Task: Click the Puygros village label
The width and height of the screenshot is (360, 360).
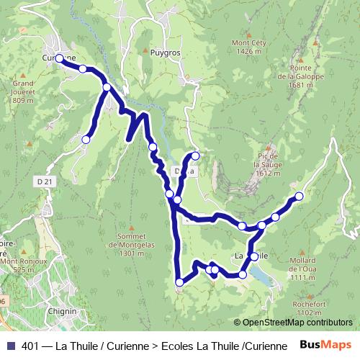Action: coord(165,53)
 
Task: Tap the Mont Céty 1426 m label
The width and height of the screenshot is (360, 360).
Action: coord(246,48)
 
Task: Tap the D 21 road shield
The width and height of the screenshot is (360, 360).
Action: coord(45,182)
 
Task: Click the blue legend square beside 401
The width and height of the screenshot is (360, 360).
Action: coord(10,346)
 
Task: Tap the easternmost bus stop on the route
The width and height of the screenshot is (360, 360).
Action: coord(299,197)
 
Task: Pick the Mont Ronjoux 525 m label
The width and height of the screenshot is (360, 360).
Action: coord(22,265)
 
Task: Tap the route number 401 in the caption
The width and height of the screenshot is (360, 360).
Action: coord(31,346)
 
